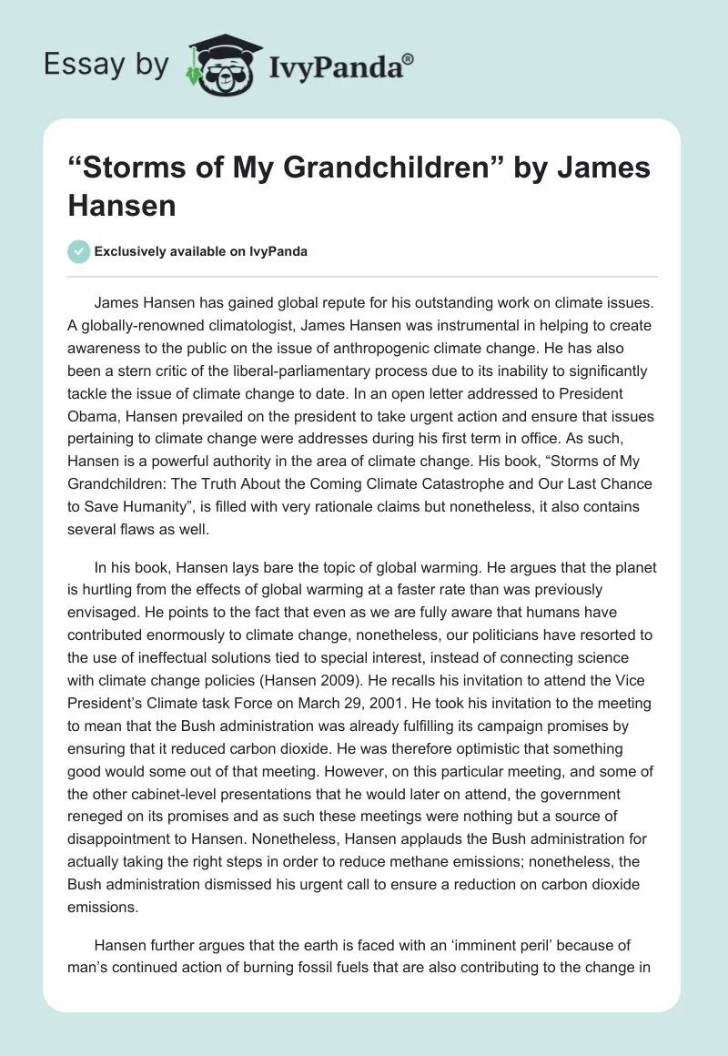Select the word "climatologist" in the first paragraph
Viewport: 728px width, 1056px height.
coord(260,326)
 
